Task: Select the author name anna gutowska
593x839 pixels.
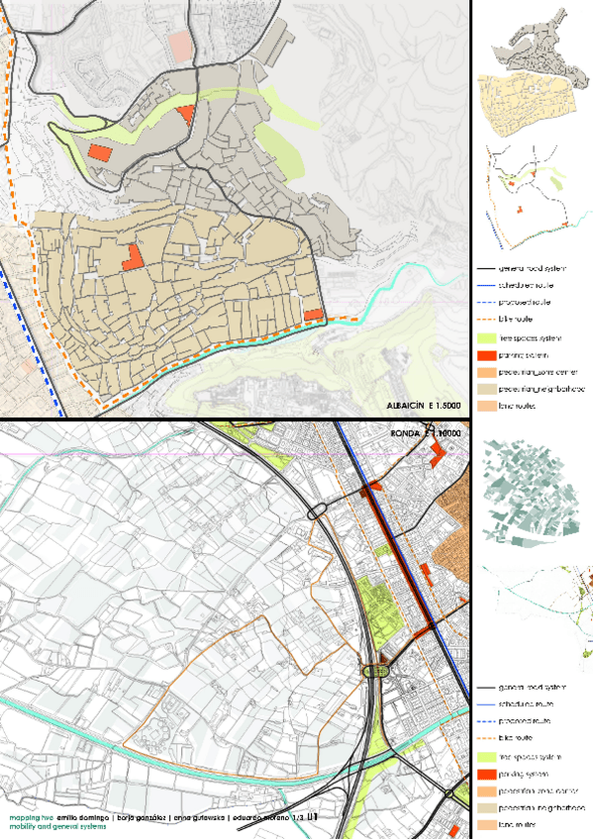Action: [203, 818]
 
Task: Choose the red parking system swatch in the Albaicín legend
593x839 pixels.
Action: [492, 355]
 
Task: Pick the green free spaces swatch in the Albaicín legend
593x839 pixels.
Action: [492, 337]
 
